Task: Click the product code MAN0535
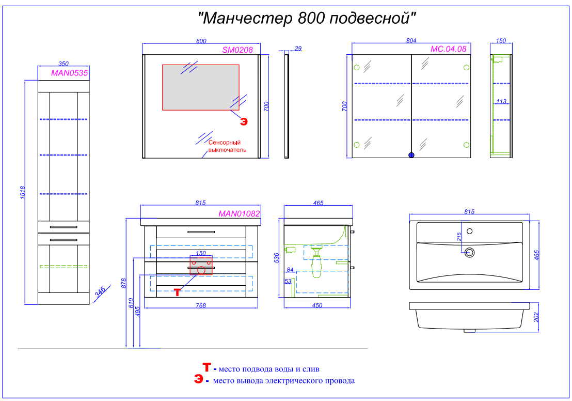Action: (x=69, y=73)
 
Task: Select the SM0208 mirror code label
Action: (x=237, y=50)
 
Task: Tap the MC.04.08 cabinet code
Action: (x=448, y=49)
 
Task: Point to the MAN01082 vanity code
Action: (x=240, y=213)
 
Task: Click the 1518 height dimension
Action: (x=23, y=192)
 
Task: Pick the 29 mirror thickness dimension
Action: (x=298, y=48)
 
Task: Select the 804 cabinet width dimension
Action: (x=411, y=40)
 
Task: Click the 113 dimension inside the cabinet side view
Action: (x=501, y=101)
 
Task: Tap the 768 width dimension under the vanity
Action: (x=201, y=305)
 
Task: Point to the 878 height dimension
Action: (x=124, y=283)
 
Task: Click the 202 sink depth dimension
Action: (x=536, y=317)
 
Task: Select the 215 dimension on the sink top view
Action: (x=459, y=237)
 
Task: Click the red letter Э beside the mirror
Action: (x=244, y=121)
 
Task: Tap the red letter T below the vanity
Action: (x=177, y=292)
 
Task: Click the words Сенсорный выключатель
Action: (x=227, y=146)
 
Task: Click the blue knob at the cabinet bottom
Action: (x=411, y=155)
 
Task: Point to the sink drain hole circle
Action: (x=469, y=252)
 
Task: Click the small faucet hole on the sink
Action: (x=469, y=231)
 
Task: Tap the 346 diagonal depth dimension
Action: (x=100, y=291)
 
